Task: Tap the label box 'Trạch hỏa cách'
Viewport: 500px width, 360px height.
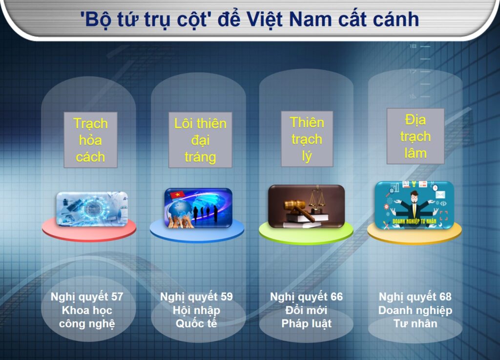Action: click(x=90, y=140)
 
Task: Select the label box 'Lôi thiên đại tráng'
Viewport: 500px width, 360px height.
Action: click(x=200, y=140)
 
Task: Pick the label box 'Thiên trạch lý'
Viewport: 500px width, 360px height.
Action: click(x=307, y=139)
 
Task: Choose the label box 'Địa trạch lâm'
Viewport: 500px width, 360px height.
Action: click(x=415, y=136)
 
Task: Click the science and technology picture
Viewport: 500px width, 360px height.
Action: click(x=92, y=209)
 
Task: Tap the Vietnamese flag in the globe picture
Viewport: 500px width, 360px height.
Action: click(x=177, y=193)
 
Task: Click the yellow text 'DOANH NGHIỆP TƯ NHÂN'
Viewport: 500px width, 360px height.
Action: click(x=414, y=221)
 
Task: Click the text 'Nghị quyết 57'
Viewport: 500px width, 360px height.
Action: click(x=87, y=297)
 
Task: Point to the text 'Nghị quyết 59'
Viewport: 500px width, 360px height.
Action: click(x=196, y=297)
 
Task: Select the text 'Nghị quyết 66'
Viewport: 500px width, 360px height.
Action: click(x=307, y=297)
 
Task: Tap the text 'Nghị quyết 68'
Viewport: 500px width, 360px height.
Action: click(x=415, y=297)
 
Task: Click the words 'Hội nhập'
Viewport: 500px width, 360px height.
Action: click(x=196, y=311)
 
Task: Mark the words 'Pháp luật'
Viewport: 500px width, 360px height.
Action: click(x=307, y=324)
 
